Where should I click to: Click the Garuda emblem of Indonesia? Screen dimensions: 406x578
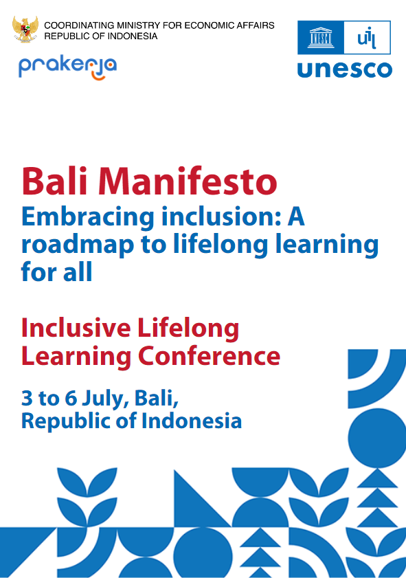25,29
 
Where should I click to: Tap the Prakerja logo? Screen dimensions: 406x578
68,68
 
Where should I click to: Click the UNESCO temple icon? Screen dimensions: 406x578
321,38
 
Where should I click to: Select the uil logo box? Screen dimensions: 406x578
367,38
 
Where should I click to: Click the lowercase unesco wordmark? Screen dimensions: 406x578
345,69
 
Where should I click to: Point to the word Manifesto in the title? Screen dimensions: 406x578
188,181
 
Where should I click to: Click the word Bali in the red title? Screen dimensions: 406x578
54,181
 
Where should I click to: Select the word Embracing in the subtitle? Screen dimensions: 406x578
88,217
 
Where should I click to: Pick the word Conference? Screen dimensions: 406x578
209,356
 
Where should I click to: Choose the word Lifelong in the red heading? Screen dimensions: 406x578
188,329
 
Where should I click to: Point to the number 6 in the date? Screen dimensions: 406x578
71,398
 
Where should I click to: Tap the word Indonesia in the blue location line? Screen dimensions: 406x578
192,421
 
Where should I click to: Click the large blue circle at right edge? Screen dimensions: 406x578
377,438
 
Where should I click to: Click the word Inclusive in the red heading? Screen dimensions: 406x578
76,328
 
